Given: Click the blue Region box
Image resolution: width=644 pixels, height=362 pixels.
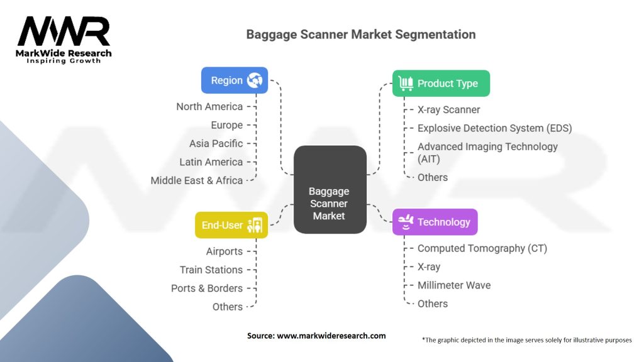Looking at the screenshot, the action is coord(234,80).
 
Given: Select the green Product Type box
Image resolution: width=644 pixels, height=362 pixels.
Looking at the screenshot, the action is coord(441,84).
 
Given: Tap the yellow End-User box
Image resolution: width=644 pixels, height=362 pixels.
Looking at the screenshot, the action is coord(231,225).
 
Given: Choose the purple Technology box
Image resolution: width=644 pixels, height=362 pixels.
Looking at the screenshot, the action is coord(435,222).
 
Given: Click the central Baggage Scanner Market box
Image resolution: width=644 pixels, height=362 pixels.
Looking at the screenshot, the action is coord(330,203).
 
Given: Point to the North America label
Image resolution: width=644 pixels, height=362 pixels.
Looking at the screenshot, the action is coord(209,107).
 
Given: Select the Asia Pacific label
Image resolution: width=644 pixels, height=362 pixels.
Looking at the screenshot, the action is coord(216,143).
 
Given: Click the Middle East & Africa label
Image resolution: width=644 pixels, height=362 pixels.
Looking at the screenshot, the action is coord(196,180).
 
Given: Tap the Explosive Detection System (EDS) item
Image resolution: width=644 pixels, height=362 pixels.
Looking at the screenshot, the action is coord(494,128).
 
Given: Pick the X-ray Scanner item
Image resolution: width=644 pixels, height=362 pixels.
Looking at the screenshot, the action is coord(448,110).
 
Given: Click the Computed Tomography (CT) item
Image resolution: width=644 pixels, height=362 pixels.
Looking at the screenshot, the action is coord(482,248).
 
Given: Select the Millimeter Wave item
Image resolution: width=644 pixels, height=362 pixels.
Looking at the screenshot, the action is coord(453,285).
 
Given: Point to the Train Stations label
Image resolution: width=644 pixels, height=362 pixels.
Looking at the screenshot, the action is coord(211,270).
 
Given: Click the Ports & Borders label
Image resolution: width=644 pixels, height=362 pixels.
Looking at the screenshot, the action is coord(206,288).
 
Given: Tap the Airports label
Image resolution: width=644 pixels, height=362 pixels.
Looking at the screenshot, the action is coord(224,251).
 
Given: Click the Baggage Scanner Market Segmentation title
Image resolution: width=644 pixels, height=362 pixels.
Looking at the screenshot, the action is coord(360,34).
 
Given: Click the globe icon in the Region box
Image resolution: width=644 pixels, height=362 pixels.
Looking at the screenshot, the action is coord(255,80).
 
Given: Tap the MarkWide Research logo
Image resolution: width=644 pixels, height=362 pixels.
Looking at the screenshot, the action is coord(64,40).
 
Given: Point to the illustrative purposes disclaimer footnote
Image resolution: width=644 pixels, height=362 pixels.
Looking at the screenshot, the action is coord(526,340).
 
